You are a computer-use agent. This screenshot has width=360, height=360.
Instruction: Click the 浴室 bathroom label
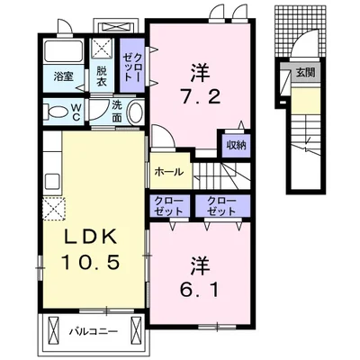point(63,76)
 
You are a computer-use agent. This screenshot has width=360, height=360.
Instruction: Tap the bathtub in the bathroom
point(64,51)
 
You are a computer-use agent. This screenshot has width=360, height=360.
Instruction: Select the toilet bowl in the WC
point(57,112)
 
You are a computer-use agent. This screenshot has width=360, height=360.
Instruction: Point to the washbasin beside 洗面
point(136,112)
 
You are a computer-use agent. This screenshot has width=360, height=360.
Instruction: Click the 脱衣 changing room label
point(102,76)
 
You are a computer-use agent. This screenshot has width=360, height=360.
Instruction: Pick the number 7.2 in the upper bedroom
point(200,96)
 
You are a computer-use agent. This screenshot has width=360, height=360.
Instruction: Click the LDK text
point(91,238)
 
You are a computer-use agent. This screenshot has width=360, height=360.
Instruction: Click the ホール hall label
point(169,172)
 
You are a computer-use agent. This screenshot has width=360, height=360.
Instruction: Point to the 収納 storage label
point(236,146)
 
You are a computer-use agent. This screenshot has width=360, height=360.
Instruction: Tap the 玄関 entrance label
point(305,73)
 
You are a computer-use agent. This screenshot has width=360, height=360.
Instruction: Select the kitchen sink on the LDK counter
point(52,181)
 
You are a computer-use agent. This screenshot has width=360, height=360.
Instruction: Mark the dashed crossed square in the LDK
point(54,209)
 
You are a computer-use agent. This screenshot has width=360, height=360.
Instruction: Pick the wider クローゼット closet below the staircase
point(222,206)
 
